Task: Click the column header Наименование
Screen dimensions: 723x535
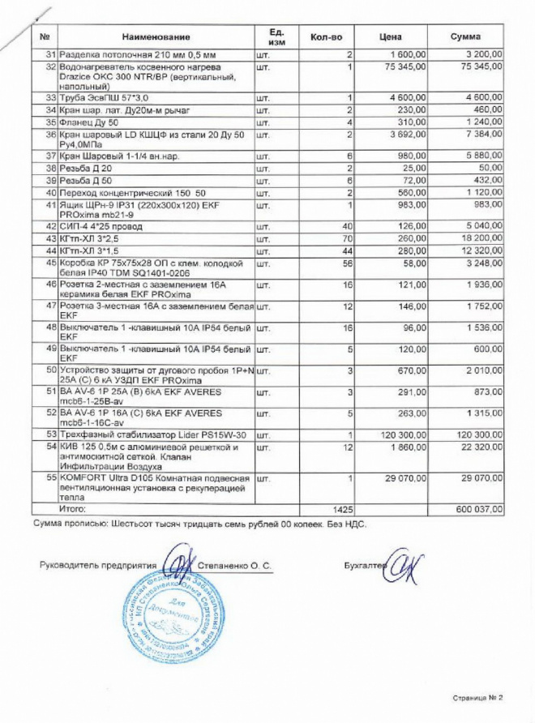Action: (x=156, y=37)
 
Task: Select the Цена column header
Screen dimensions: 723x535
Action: (x=390, y=37)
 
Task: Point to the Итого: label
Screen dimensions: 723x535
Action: (x=71, y=508)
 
